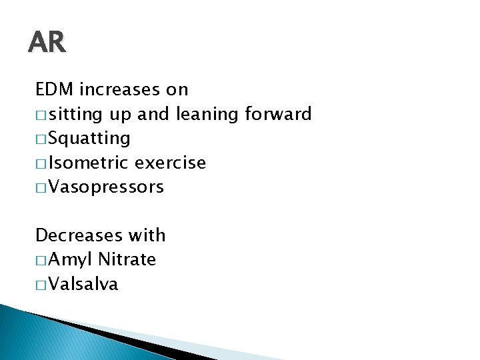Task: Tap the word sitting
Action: (77, 115)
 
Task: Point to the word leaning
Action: (207, 115)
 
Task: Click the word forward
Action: (278, 114)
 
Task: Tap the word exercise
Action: (170, 163)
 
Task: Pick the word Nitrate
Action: (127, 259)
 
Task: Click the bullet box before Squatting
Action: (41, 139)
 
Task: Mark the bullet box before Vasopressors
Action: (41, 188)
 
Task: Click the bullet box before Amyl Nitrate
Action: (41, 261)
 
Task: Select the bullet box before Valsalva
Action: (41, 285)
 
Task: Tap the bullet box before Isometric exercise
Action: (41, 163)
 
